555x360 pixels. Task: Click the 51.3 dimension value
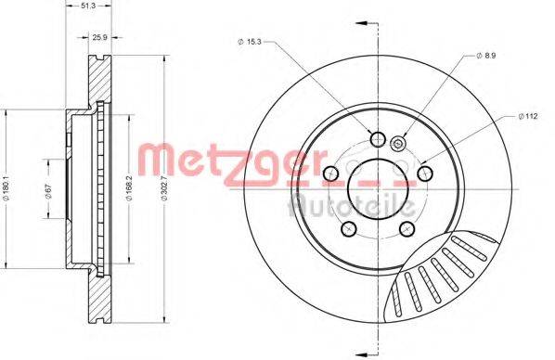point(88,6)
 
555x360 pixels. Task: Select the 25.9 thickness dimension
point(100,37)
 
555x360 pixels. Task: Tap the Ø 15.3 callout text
point(249,42)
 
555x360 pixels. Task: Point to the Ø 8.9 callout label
point(486,56)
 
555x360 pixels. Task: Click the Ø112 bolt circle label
point(528,116)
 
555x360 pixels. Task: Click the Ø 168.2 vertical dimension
point(130,188)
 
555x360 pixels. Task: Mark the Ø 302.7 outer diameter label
point(164,188)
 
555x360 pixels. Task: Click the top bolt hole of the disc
point(378,139)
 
